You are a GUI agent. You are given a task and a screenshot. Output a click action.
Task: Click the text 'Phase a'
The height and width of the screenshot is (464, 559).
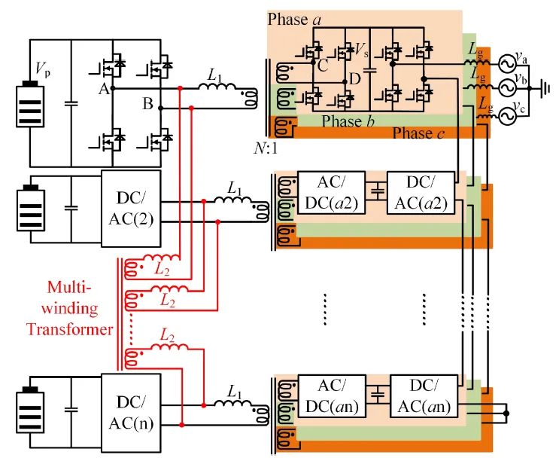point(294,19)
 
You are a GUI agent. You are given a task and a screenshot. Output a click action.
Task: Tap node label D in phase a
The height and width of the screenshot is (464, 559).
point(354,78)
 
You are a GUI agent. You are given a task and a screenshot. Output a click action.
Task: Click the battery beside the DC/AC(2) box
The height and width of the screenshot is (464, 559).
point(32,205)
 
